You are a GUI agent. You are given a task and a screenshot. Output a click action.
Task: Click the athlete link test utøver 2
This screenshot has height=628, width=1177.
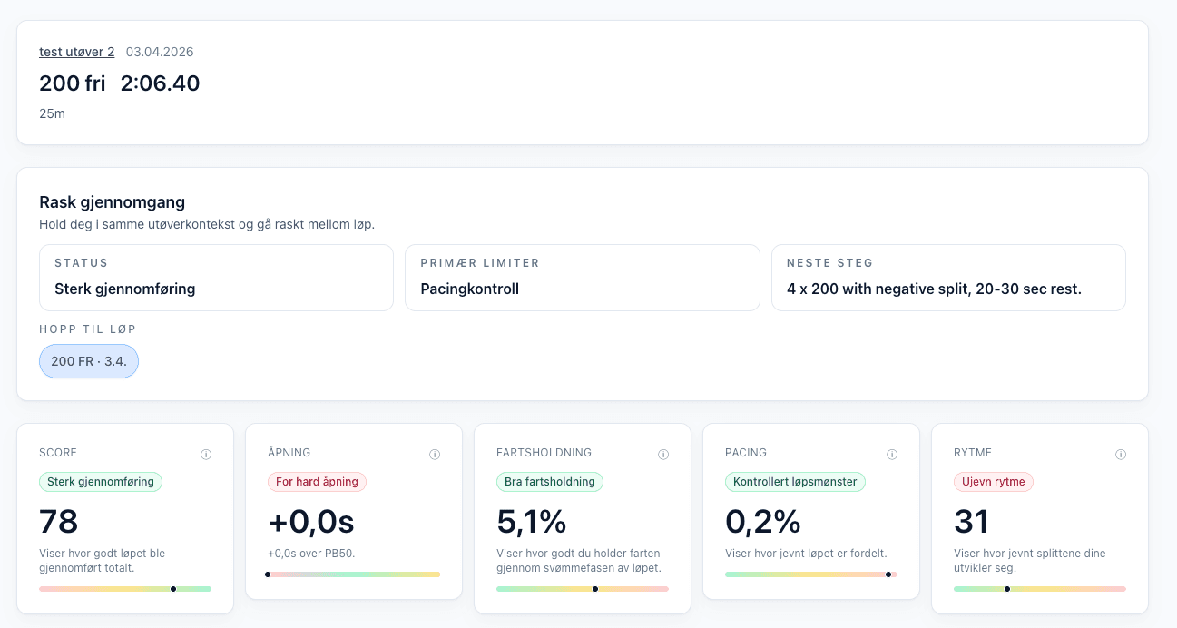pyautogui.click(x=76, y=52)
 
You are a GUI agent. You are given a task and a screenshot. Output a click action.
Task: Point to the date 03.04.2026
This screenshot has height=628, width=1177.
pyautogui.click(x=160, y=52)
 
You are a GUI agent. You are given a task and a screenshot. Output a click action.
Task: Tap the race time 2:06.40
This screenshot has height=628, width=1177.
pyautogui.click(x=160, y=83)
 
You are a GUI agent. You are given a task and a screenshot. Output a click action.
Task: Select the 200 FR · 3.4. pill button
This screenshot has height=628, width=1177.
pyautogui.click(x=89, y=361)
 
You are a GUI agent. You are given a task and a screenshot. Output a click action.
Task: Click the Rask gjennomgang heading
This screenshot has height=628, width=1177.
pyautogui.click(x=113, y=202)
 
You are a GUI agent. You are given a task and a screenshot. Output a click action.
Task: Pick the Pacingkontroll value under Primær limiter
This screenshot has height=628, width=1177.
pyautogui.click(x=469, y=289)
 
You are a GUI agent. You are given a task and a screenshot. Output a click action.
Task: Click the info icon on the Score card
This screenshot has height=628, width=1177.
pyautogui.click(x=206, y=455)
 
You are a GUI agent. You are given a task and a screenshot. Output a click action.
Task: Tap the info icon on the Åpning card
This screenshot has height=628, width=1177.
pyautogui.click(x=435, y=455)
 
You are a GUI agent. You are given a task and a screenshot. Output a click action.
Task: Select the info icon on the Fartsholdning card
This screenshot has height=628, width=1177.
pyautogui.click(x=663, y=455)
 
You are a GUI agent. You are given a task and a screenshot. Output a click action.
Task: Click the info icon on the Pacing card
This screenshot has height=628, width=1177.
pyautogui.click(x=892, y=455)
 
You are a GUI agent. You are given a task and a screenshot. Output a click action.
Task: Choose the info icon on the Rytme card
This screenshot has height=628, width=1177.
pyautogui.click(x=1121, y=455)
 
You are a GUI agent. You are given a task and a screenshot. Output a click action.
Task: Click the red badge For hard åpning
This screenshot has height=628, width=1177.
pyautogui.click(x=317, y=482)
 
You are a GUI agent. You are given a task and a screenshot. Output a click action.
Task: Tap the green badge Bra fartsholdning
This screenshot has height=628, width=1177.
pyautogui.click(x=550, y=482)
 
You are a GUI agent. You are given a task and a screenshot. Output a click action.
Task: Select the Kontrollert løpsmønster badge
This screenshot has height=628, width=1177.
pyautogui.click(x=795, y=482)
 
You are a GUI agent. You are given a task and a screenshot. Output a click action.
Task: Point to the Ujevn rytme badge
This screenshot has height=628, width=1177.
pyautogui.click(x=993, y=482)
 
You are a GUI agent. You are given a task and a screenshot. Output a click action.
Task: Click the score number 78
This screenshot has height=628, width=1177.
pyautogui.click(x=59, y=522)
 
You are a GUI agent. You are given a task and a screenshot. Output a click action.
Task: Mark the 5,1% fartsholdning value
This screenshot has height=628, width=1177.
pyautogui.click(x=531, y=522)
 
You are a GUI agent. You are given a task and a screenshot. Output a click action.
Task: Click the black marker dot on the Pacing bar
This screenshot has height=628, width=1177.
pyautogui.click(x=888, y=574)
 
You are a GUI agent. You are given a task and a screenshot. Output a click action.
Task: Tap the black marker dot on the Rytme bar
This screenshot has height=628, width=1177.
pyautogui.click(x=1007, y=589)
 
